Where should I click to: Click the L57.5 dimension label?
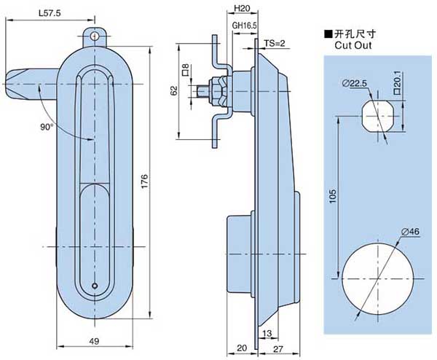tap(50, 13)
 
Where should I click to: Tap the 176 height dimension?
tap(145, 181)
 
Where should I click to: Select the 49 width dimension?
tap(95, 341)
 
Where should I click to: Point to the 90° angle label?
tap(47, 127)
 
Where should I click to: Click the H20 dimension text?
tap(242, 9)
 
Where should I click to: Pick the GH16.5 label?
tap(245, 26)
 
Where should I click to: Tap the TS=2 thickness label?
tap(275, 44)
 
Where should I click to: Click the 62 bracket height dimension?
tap(174, 91)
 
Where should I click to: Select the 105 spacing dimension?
tap(333, 196)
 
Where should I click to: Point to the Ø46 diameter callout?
tap(410, 232)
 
